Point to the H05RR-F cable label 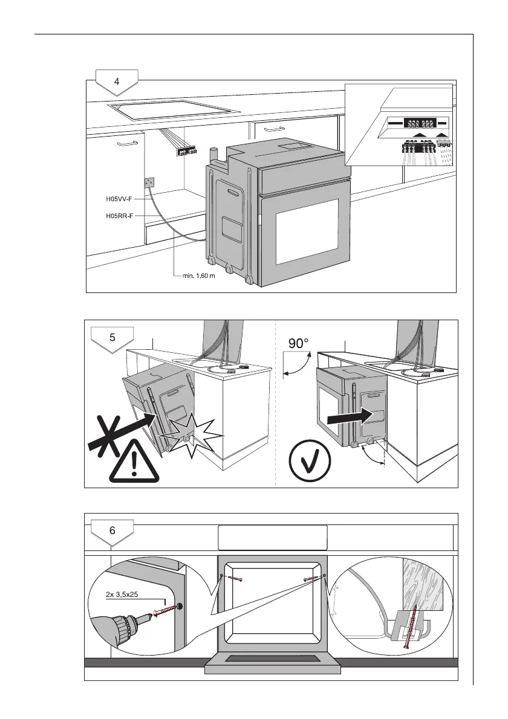[x=116, y=215]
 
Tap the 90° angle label [x=298, y=344]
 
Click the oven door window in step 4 [x=307, y=231]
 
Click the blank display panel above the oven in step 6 [x=272, y=537]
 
